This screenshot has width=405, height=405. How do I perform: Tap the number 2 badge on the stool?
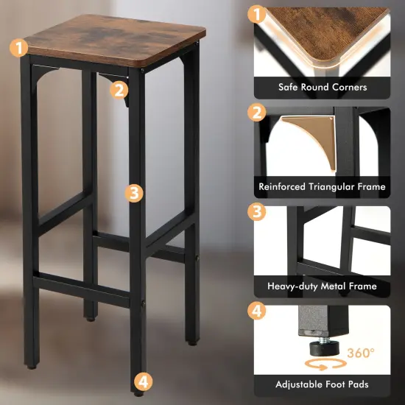pyautogui.click(x=120, y=90)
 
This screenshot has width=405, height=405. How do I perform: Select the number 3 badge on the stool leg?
pyautogui.click(x=133, y=192)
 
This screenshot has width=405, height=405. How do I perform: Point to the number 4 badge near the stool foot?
pyautogui.click(x=144, y=381)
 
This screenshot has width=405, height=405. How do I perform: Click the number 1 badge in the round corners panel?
pyautogui.click(x=256, y=14)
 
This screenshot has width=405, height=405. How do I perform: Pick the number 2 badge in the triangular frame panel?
pyautogui.click(x=256, y=113)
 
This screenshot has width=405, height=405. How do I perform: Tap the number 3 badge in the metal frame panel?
pyautogui.click(x=256, y=212)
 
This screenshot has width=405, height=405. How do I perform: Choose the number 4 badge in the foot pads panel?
pyautogui.click(x=256, y=311)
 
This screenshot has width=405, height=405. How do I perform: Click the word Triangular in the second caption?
pyautogui.click(x=335, y=187)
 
